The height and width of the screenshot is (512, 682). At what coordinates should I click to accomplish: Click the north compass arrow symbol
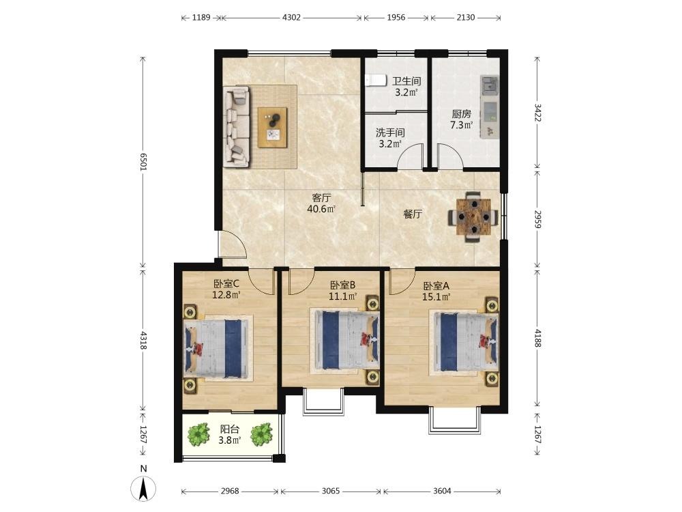[143, 488]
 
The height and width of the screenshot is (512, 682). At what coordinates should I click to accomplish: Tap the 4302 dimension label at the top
[291, 18]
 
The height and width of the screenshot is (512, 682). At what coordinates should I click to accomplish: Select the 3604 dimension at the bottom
[442, 491]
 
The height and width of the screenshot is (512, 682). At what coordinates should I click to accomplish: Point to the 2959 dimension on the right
[537, 219]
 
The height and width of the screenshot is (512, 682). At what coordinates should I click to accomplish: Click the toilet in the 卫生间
[376, 81]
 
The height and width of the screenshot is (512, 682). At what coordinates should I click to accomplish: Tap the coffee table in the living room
[273, 127]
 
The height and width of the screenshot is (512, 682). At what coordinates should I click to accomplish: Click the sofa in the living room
[237, 126]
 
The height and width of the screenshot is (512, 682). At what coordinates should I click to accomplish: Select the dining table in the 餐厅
[473, 216]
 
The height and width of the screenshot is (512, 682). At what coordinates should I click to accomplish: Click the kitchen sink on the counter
[490, 85]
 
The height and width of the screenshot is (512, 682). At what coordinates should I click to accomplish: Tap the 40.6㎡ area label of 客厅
[321, 209]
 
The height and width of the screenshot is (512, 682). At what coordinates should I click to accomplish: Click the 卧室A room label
[436, 286]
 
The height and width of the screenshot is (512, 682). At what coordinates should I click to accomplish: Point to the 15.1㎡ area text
[436, 298]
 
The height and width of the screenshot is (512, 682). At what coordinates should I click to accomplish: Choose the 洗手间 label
[390, 132]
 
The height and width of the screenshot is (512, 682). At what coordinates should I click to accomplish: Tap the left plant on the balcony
[198, 434]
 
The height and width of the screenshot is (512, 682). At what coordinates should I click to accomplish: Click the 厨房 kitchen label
[462, 114]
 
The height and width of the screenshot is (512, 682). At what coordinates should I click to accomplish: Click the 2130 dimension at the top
[465, 18]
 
